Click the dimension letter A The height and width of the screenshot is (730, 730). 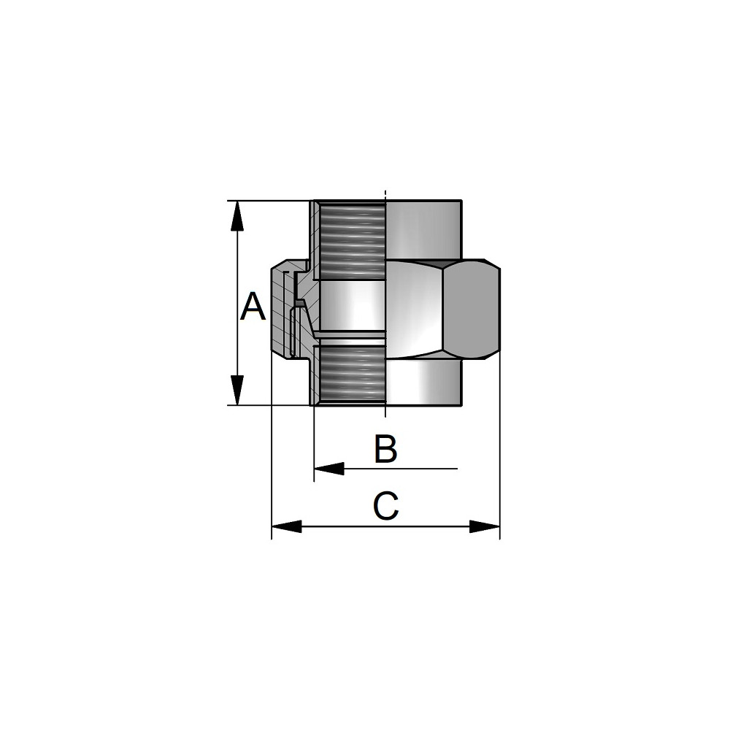click(253, 307)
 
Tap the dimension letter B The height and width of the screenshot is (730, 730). click(386, 449)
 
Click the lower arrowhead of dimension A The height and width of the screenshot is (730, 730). click(237, 390)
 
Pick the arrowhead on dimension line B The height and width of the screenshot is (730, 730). click(329, 469)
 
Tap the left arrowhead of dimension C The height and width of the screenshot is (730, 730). click(287, 526)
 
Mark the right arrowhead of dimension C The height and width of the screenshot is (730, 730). click(485, 526)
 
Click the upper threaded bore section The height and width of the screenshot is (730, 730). click(353, 239)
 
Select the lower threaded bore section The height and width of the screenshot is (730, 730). click(353, 375)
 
